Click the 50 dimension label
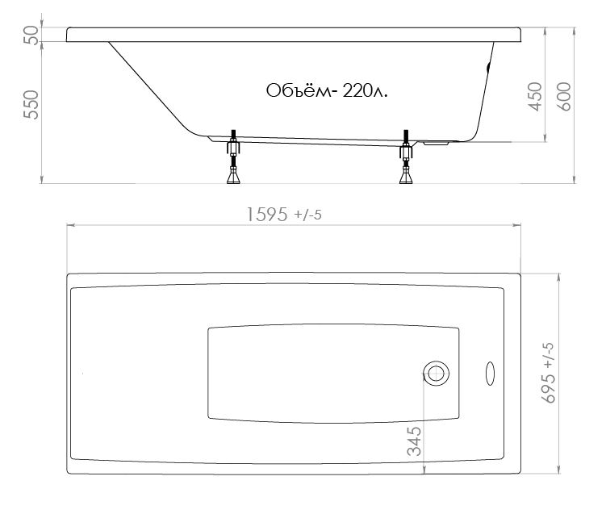point(31,36)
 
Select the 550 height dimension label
point(31,104)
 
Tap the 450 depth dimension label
point(535,97)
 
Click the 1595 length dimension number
point(267,215)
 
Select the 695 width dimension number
point(550,388)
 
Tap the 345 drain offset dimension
point(414,441)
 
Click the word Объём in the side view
point(299,91)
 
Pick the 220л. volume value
point(365,91)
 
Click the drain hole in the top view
point(436,374)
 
